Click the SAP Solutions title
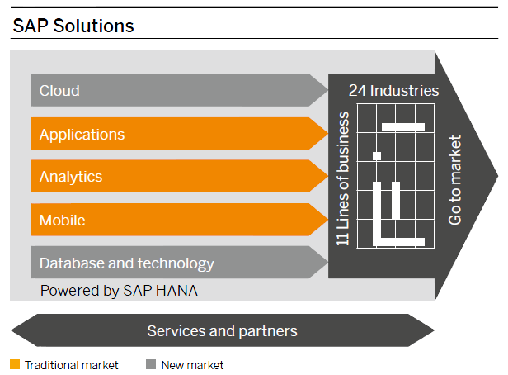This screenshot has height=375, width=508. (73, 26)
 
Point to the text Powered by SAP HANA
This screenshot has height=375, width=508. (119, 291)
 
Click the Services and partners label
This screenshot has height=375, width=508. (222, 331)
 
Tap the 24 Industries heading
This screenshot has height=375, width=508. (394, 90)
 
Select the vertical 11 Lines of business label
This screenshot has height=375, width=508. (344, 179)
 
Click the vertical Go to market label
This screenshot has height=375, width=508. (456, 180)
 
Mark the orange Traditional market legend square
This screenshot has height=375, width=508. (15, 364)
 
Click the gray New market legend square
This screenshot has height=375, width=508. (150, 364)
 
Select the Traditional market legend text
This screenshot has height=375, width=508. (72, 364)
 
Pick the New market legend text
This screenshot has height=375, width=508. (192, 364)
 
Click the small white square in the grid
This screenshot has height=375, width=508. (377, 155)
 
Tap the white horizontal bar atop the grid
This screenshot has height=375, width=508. (403, 127)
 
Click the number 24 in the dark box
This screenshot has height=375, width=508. (357, 90)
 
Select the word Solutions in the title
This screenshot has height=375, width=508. (95, 26)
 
